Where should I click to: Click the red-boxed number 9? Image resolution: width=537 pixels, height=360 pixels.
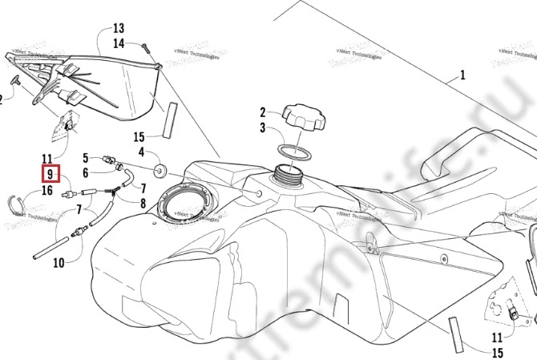[x=50, y=174]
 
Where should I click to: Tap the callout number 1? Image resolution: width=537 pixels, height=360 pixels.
[x=462, y=78]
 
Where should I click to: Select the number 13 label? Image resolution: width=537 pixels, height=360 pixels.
[x=119, y=27]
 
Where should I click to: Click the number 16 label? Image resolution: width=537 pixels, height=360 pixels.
[x=46, y=190]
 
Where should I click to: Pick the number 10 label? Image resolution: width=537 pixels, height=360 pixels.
[x=58, y=262]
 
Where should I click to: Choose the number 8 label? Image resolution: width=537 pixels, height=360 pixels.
[x=143, y=204]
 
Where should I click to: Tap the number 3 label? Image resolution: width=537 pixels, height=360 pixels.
[x=261, y=127]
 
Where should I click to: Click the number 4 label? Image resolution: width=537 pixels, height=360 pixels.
[x=141, y=152]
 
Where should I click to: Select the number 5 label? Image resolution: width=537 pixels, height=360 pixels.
[x=87, y=156]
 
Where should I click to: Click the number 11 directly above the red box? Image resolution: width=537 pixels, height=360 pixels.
[x=46, y=159]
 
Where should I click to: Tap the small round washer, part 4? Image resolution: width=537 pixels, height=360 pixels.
[x=159, y=168]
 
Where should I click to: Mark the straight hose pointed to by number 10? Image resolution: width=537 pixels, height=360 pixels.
[x=52, y=245]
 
